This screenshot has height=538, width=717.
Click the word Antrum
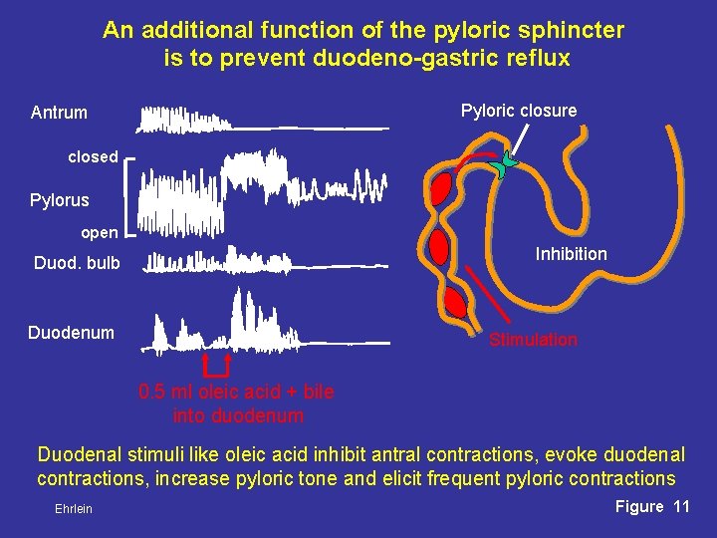(x=59, y=113)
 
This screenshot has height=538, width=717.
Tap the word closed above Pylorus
(x=93, y=157)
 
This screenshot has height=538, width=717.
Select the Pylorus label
(x=59, y=200)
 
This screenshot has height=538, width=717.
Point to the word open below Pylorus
(x=99, y=233)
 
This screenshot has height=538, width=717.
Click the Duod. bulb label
(x=77, y=264)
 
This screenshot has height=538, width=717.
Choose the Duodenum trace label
(x=71, y=332)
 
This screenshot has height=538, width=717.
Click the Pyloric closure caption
(x=518, y=111)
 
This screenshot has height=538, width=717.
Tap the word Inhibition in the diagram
(x=571, y=254)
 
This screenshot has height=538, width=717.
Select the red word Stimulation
(x=533, y=340)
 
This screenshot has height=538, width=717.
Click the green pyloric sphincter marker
(x=509, y=164)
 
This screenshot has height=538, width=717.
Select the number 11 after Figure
(x=681, y=507)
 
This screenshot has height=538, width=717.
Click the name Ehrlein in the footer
(x=74, y=509)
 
